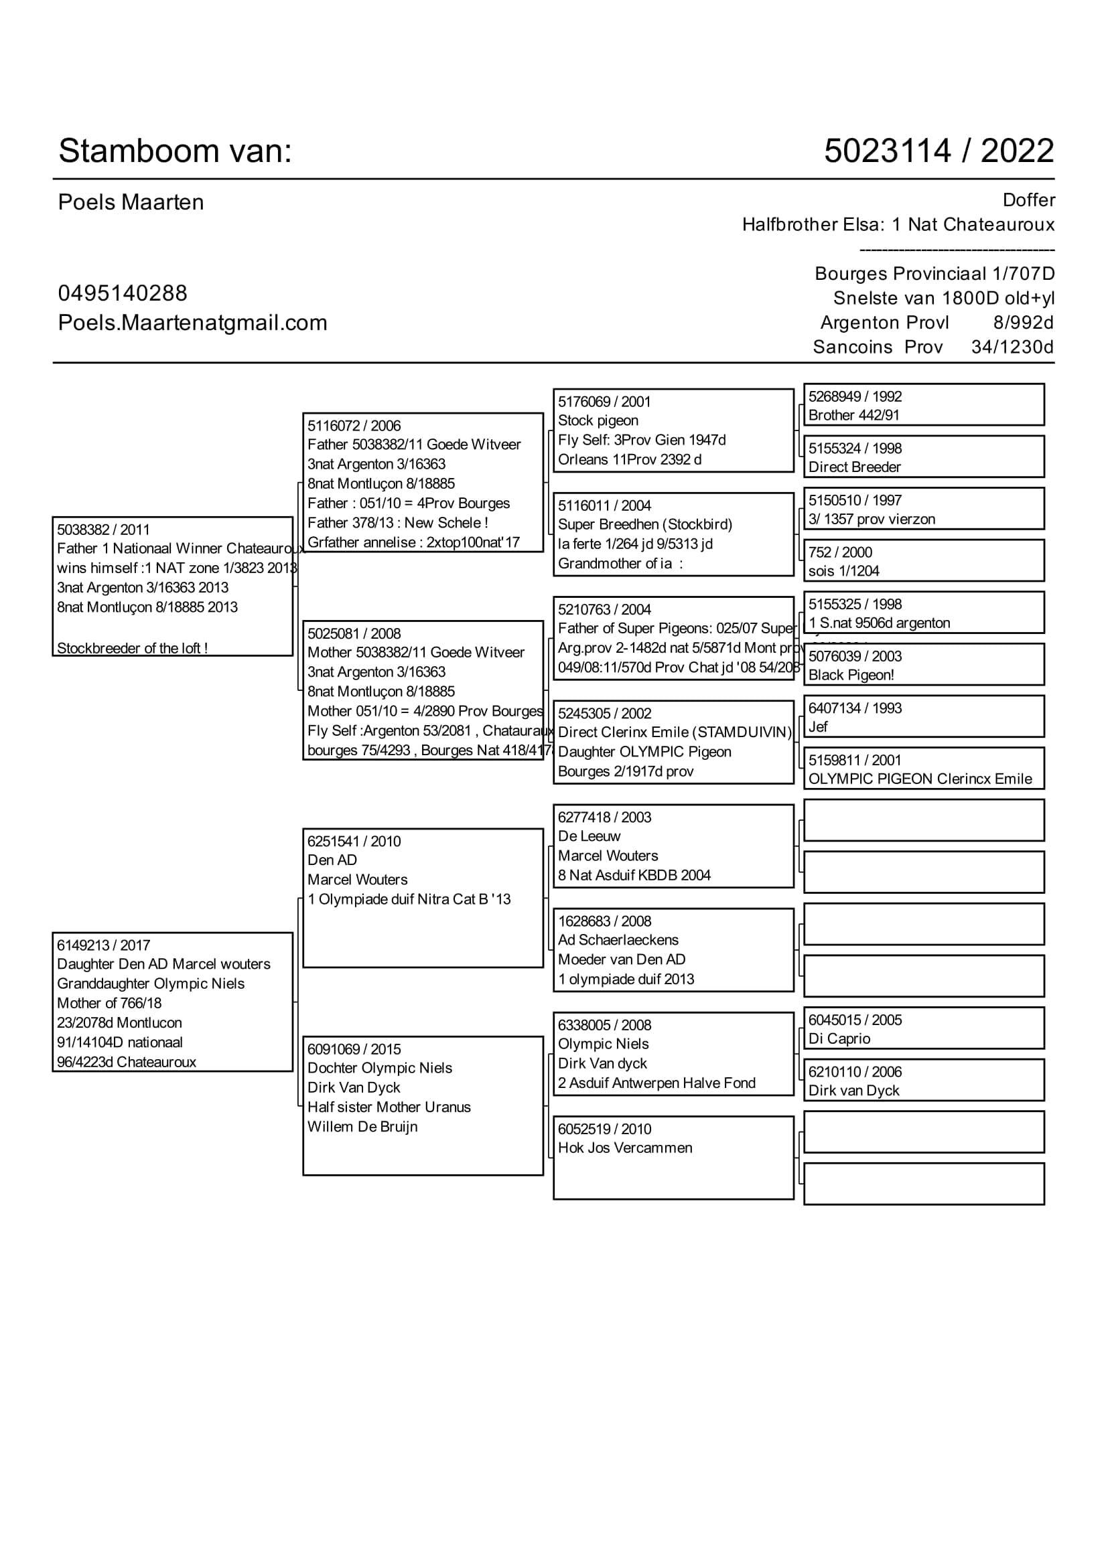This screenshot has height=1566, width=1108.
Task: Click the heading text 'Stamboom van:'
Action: [175, 151]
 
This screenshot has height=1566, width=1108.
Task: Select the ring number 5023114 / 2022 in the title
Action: [938, 151]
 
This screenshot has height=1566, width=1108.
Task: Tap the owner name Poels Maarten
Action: [131, 203]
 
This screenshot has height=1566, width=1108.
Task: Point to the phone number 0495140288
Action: [123, 293]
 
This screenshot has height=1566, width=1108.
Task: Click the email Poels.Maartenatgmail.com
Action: [192, 323]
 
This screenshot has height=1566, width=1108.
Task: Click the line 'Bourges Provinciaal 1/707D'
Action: [934, 274]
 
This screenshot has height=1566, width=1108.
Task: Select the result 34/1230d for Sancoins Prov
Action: [1012, 347]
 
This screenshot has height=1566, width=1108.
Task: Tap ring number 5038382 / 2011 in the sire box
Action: [103, 530]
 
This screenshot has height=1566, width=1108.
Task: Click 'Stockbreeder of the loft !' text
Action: [133, 648]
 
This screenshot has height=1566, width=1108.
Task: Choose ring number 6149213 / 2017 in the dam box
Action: [104, 945]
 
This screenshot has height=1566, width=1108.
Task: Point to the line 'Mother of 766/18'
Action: [109, 1003]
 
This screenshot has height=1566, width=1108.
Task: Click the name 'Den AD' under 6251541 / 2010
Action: [332, 860]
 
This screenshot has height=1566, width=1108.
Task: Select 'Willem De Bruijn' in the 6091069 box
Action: [362, 1127]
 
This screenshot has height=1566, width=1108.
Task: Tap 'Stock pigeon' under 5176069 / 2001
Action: [598, 420]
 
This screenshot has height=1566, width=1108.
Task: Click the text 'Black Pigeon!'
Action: [851, 675]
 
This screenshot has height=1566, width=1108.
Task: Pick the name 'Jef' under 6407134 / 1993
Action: [818, 727]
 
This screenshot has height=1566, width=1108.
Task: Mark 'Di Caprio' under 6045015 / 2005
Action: [839, 1039]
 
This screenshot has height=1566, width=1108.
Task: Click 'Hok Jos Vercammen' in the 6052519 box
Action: [625, 1148]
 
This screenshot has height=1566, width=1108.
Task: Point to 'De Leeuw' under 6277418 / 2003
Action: [589, 836]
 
